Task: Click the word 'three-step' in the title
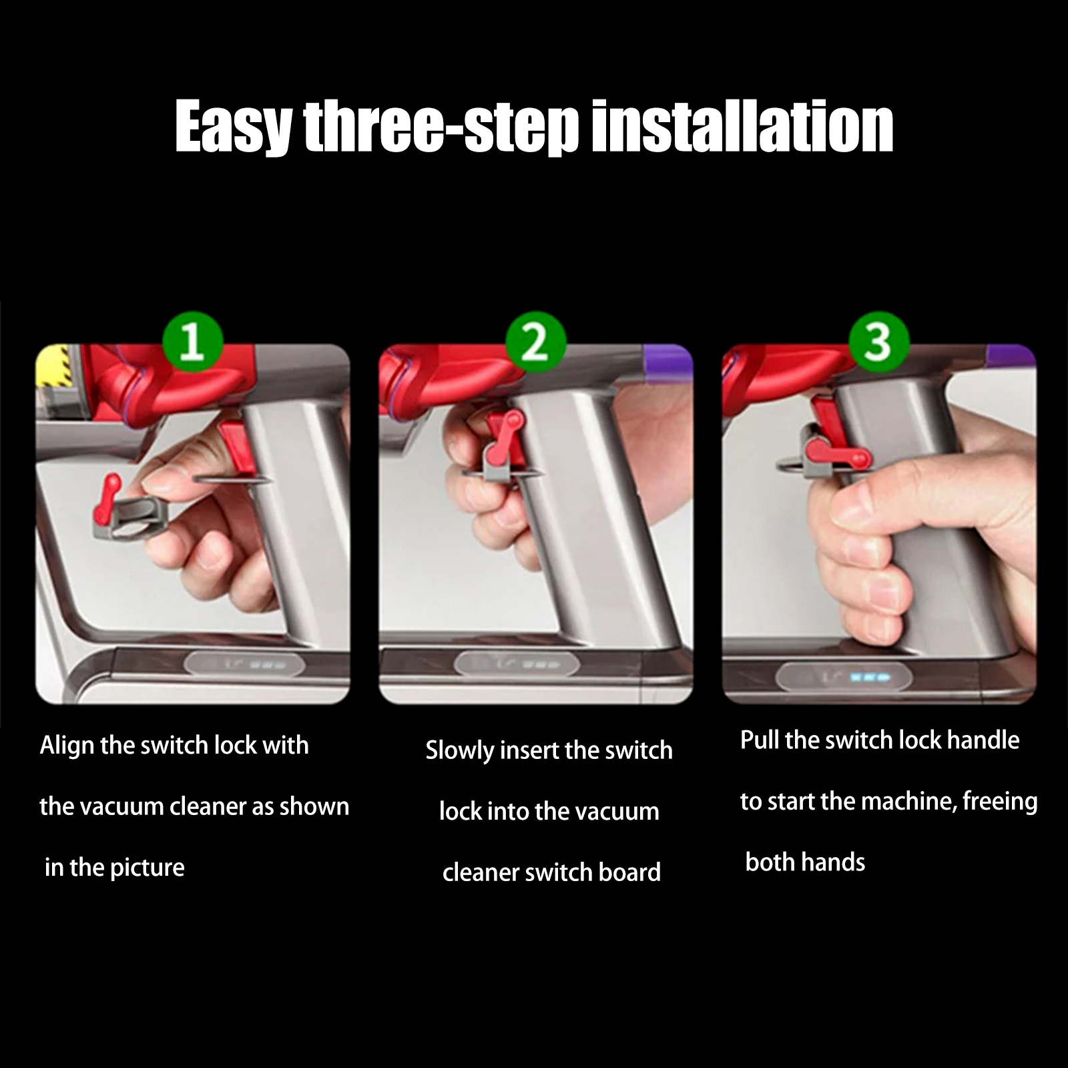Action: click(441, 127)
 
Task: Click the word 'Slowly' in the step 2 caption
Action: click(460, 751)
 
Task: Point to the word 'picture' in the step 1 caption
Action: click(147, 868)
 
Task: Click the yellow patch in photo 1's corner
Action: click(49, 368)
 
